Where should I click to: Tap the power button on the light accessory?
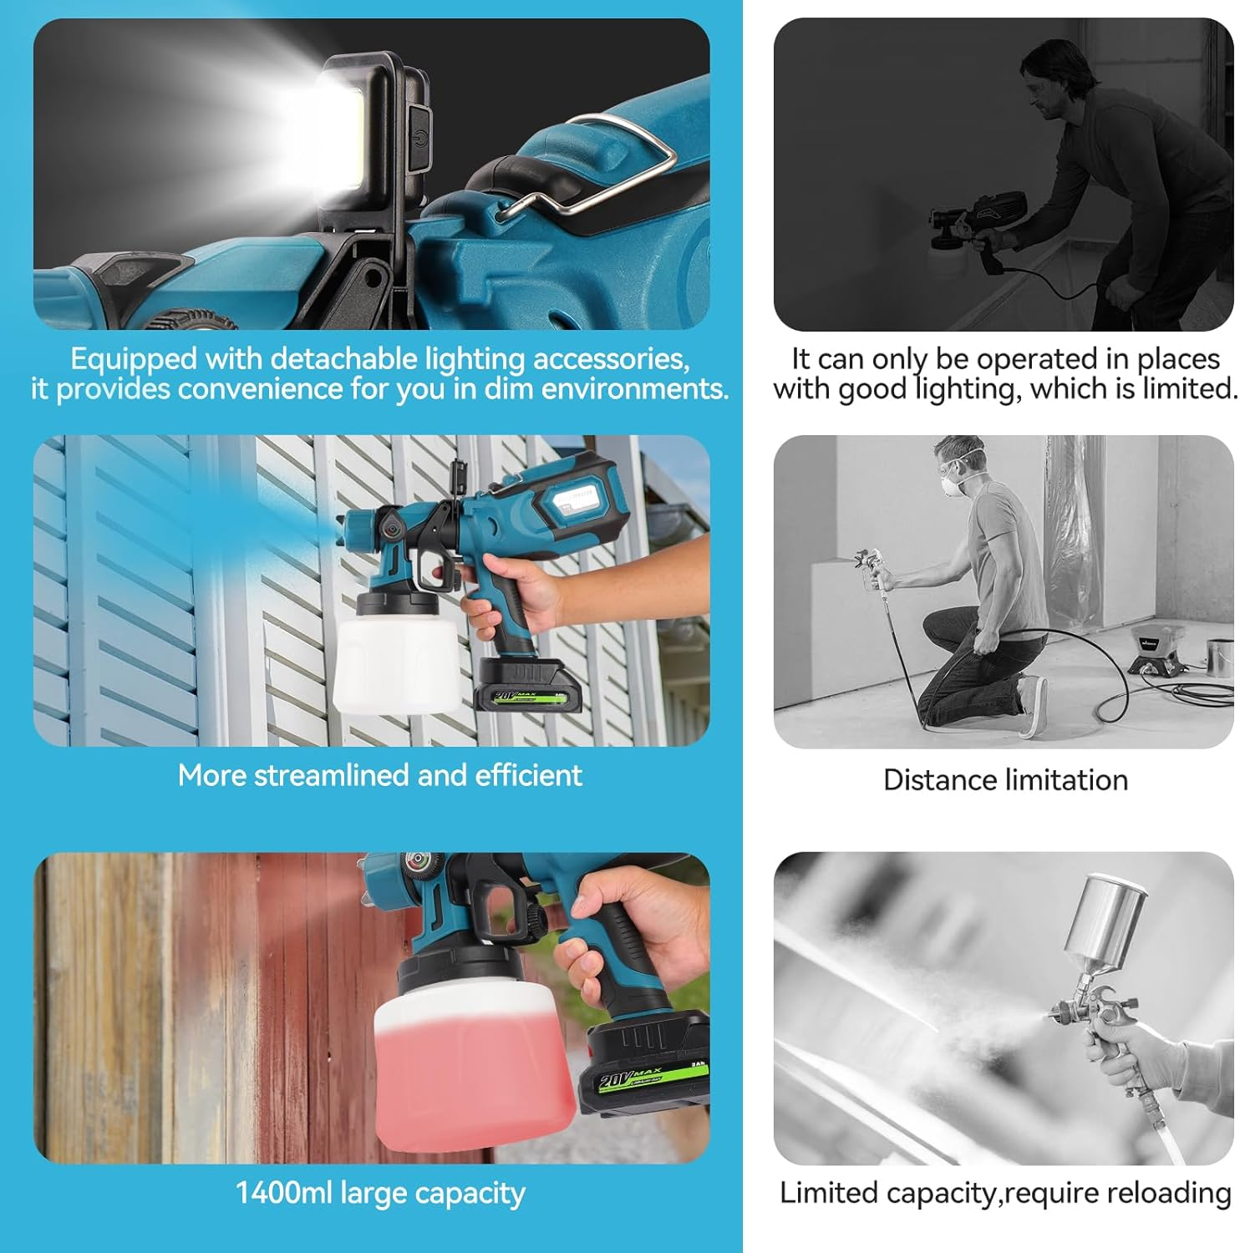tap(417, 138)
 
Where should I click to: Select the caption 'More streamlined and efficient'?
tap(379, 775)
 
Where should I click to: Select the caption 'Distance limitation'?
tap(1005, 780)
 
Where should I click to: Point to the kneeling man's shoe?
tap(1033, 706)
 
